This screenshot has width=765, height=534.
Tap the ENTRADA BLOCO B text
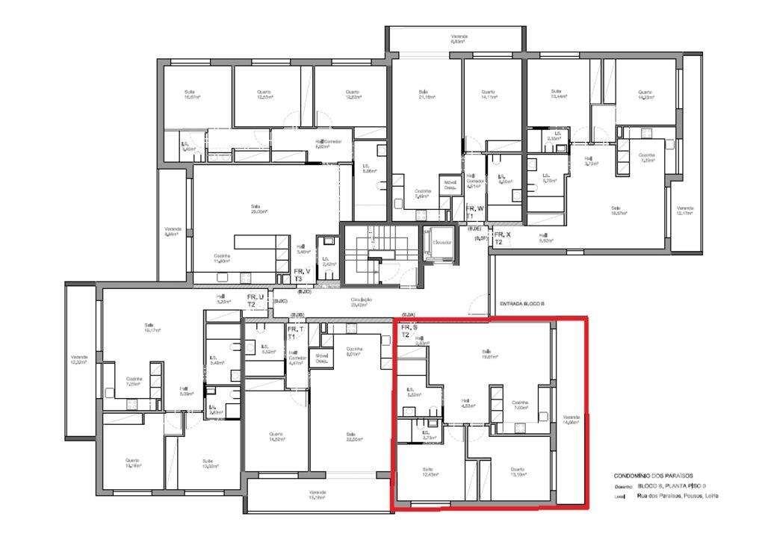[521, 304]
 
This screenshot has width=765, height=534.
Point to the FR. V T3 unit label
[301, 275]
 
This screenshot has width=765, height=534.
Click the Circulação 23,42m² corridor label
[362, 302]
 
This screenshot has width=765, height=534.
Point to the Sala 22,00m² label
[350, 437]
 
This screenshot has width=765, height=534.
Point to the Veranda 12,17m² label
[684, 211]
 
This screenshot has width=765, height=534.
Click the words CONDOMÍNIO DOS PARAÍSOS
[653, 476]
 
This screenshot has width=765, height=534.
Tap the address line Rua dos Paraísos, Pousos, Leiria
[678, 495]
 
